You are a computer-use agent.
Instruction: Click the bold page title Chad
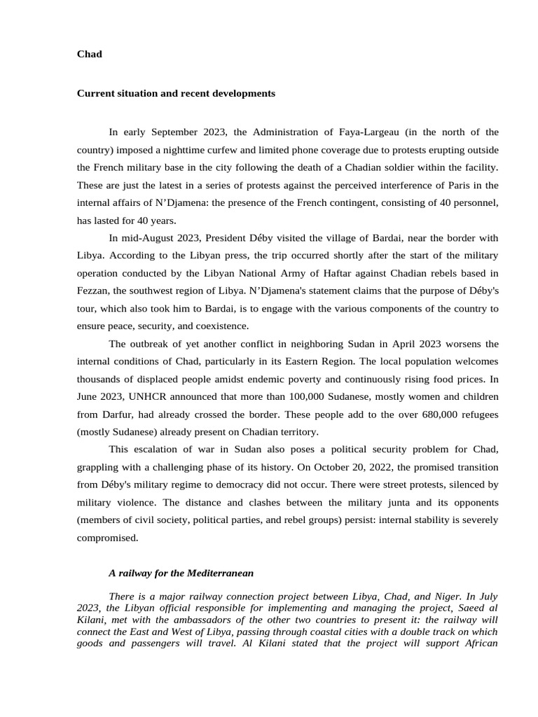pos(89,54)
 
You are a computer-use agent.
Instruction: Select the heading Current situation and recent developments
pos(176,93)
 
